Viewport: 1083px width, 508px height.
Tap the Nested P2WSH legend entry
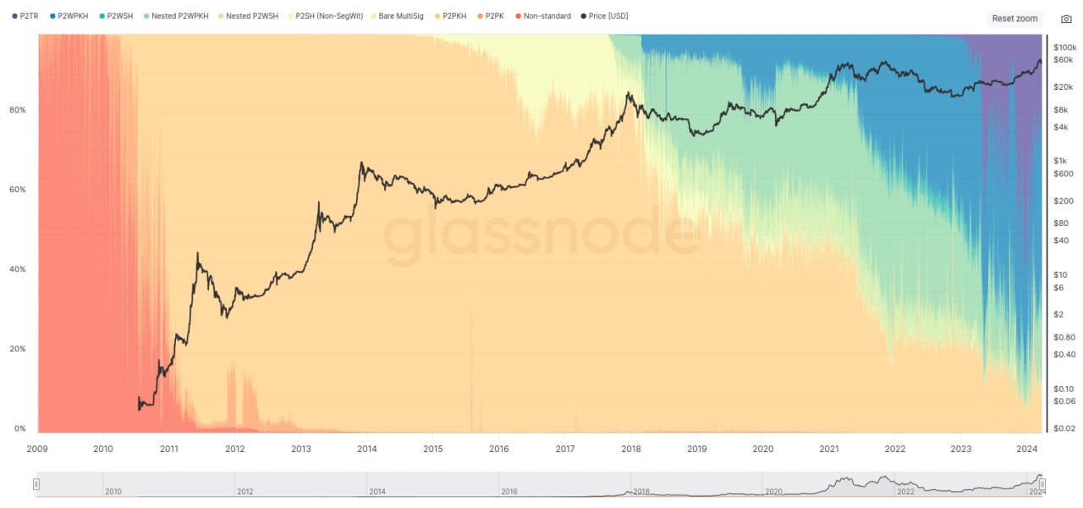pos(250,16)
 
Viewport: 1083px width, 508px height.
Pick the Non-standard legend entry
pos(547,16)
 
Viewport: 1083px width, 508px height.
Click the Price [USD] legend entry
pos(607,16)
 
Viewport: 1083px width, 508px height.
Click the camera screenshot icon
pos(1065,19)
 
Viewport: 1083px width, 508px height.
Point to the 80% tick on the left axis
pos(16,110)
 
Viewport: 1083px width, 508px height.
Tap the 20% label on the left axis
pos(16,349)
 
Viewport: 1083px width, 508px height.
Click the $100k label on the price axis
pos(1064,47)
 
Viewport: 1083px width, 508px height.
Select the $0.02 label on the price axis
pos(1064,428)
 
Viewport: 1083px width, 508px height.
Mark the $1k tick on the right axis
pos(1058,160)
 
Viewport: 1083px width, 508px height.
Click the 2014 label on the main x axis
pos(366,449)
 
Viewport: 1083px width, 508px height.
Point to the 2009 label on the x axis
pos(36,449)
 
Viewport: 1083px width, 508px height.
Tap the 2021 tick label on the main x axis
pos(829,449)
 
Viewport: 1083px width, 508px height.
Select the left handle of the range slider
pos(36,484)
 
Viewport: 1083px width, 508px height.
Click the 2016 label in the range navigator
pos(509,491)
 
